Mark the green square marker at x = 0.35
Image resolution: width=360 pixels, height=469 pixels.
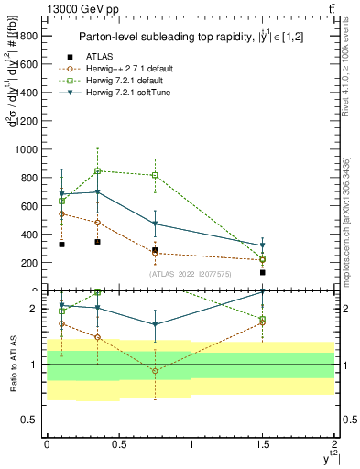click(97, 170)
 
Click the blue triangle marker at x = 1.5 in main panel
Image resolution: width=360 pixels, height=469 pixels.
click(263, 245)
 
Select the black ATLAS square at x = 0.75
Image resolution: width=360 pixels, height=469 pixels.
click(155, 250)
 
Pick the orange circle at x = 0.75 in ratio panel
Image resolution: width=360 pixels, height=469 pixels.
click(155, 371)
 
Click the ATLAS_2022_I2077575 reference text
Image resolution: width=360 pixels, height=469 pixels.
click(191, 273)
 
